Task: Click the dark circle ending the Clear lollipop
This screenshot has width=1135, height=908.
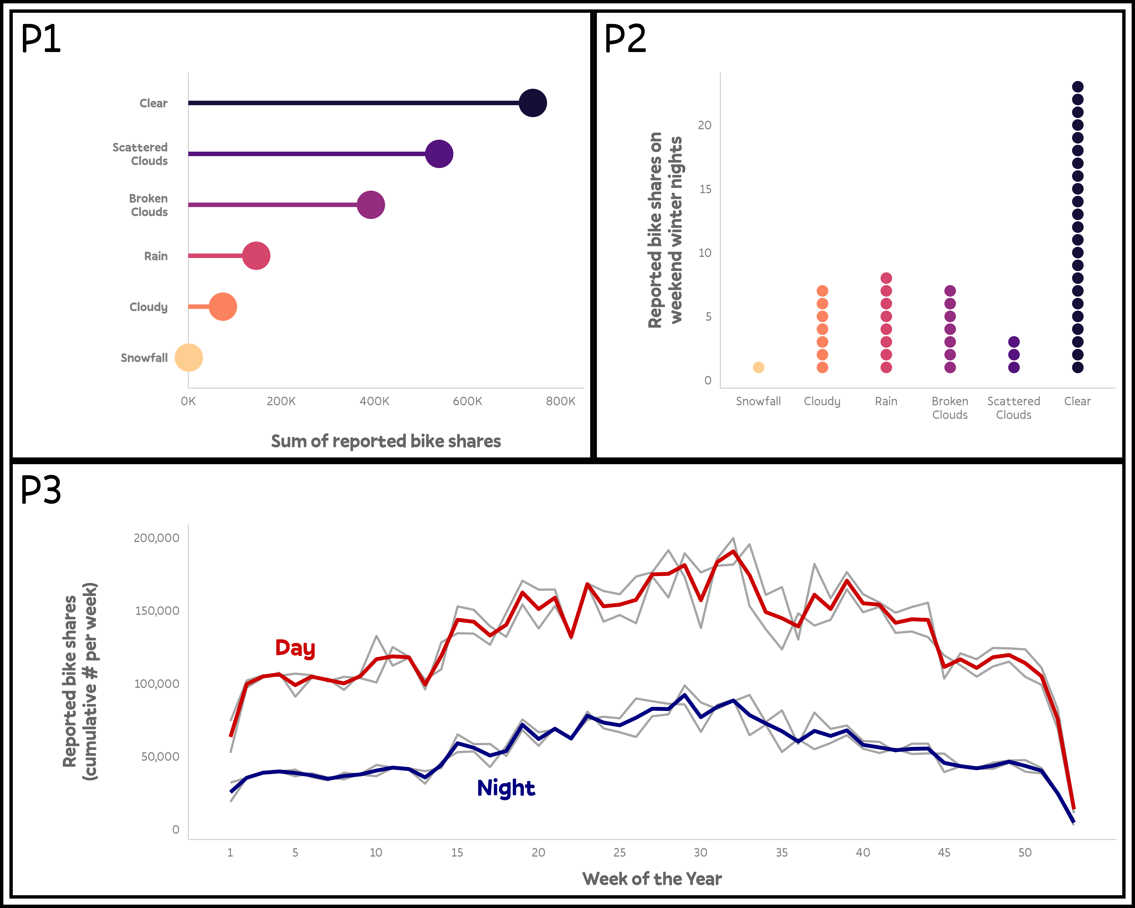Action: click(533, 103)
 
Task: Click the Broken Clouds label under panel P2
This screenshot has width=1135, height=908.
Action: click(950, 408)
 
